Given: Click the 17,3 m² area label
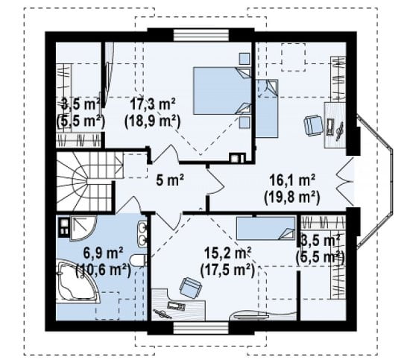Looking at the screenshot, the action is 153,104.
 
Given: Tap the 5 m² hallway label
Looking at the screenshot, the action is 170,180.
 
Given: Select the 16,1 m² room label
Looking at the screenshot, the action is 292,180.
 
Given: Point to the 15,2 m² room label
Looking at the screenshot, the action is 228,253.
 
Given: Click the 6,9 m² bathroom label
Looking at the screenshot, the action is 103,253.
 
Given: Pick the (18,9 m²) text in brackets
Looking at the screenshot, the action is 153,121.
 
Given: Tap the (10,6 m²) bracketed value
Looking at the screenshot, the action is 103,270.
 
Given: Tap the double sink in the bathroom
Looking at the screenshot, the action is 142,234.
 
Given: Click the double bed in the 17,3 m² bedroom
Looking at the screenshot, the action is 222,91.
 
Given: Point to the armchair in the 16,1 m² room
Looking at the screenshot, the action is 313,125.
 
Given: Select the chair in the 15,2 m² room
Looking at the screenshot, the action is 191,288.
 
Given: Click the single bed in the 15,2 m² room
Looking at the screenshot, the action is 265,228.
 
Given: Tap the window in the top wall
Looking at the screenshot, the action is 201,35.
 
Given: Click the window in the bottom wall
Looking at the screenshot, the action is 201,328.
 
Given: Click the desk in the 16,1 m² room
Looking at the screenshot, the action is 335,125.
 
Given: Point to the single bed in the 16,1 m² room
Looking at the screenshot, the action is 267,108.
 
